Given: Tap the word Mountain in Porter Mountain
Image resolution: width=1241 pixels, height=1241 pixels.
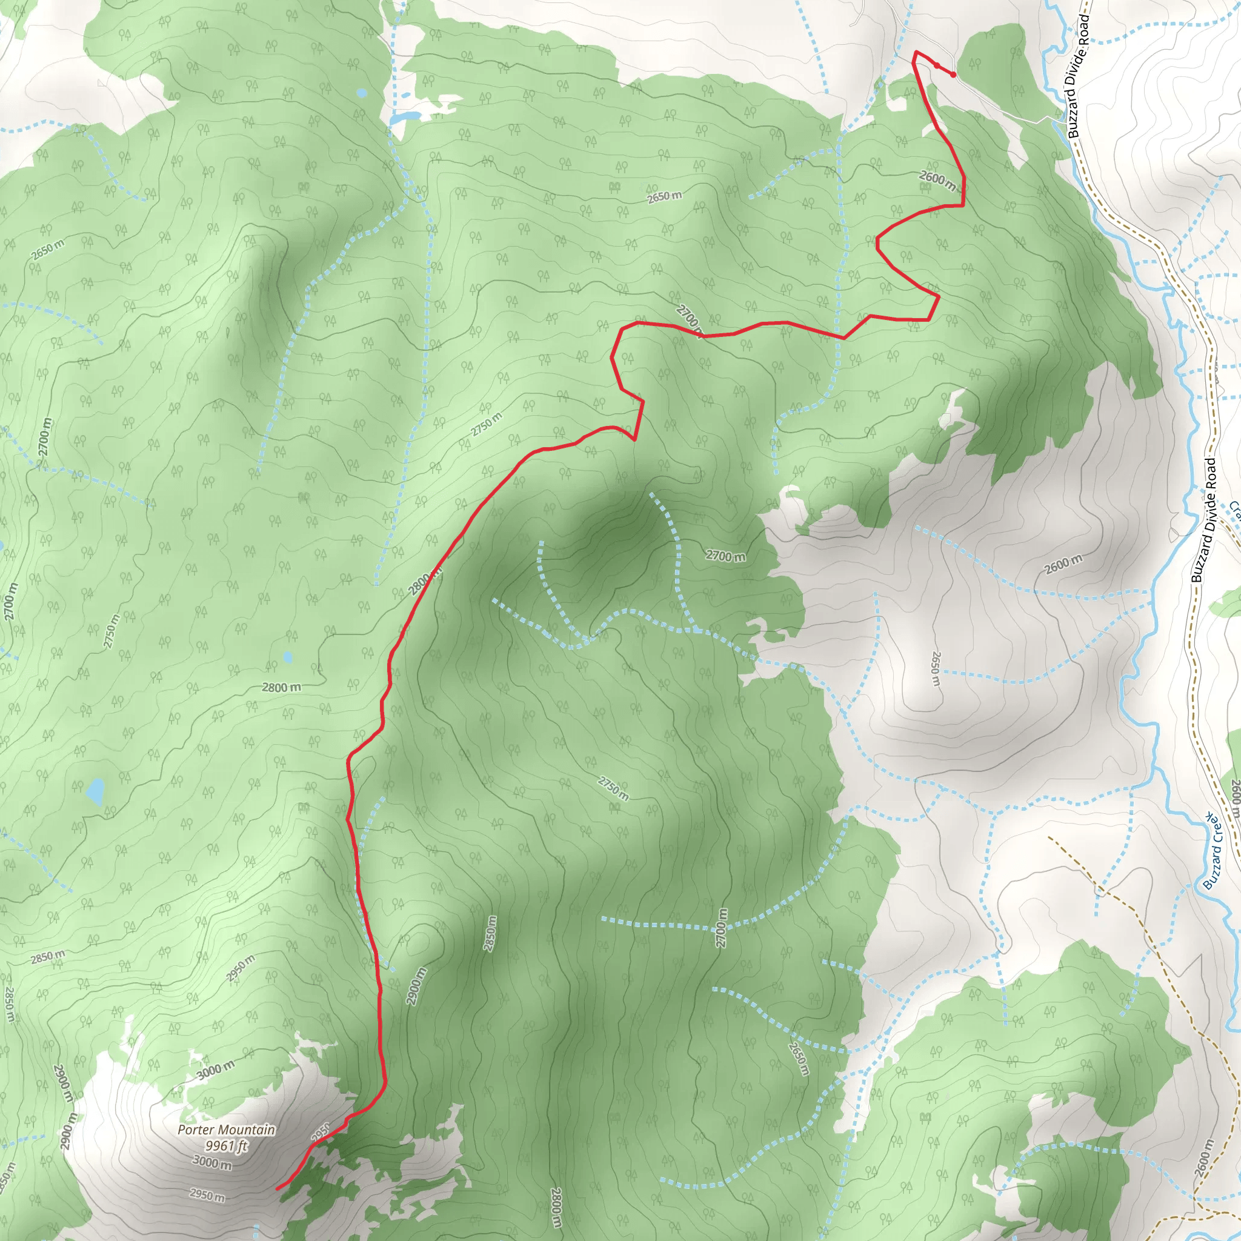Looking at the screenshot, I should pyautogui.click(x=247, y=1130).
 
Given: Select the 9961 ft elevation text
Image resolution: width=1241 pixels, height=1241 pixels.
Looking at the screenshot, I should pyautogui.click(x=226, y=1145).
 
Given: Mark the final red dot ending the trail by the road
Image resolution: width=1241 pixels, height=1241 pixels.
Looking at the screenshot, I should pyautogui.click(x=953, y=75).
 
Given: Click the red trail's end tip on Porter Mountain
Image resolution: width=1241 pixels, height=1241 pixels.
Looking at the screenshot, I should pyautogui.click(x=278, y=1188).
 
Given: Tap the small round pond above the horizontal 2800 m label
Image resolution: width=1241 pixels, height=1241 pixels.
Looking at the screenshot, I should pyautogui.click(x=288, y=656).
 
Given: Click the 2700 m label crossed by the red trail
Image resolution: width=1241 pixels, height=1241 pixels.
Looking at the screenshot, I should pyautogui.click(x=689, y=319).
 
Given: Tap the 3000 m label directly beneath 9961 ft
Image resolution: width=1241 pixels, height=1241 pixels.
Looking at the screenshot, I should pyautogui.click(x=212, y=1162).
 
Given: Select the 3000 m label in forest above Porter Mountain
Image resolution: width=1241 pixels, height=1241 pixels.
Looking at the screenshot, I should pyautogui.click(x=215, y=1070).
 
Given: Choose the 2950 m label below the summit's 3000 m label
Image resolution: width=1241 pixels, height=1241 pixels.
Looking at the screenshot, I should pyautogui.click(x=207, y=1195).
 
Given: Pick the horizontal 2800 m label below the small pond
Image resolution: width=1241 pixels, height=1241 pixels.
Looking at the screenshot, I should pyautogui.click(x=281, y=687).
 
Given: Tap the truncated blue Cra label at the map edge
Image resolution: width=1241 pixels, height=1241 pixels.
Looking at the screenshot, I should pyautogui.click(x=1234, y=511).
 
